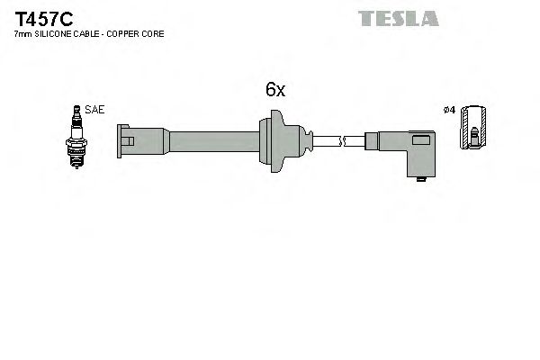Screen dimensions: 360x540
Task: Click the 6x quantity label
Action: click(274, 89)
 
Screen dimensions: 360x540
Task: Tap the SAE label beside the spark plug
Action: click(96, 110)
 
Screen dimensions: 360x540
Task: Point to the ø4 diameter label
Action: click(450, 110)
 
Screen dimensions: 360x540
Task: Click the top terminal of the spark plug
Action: click(77, 110)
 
